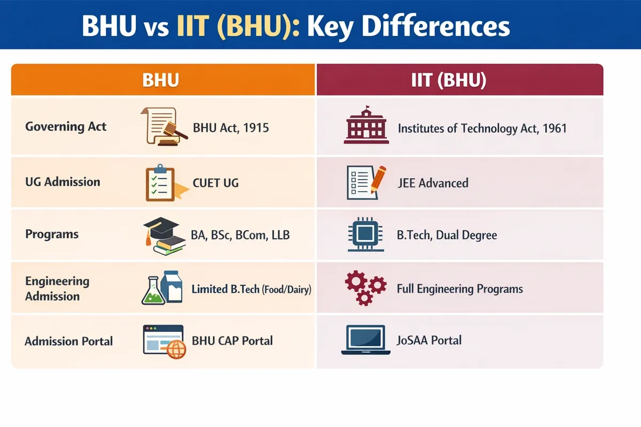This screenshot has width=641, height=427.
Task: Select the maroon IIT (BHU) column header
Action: (459, 81)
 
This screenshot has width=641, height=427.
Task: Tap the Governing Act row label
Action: (66, 127)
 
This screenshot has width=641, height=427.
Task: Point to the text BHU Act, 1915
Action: (231, 128)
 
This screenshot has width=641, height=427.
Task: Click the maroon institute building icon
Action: (365, 125)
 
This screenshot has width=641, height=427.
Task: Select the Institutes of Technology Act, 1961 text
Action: (482, 128)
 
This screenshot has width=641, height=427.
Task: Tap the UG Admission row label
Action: (62, 181)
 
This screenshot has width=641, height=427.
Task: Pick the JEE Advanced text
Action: (433, 183)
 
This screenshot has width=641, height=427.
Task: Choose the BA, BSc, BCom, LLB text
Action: (240, 234)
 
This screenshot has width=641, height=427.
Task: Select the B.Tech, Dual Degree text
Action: (447, 235)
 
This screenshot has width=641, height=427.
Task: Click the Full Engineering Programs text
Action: (459, 289)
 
